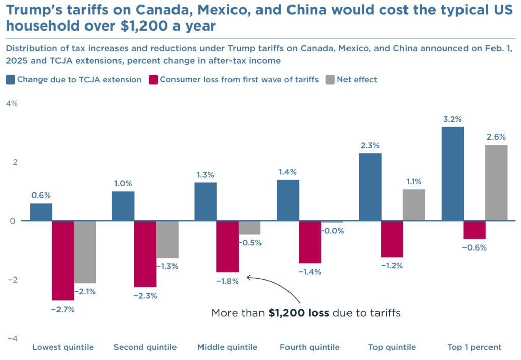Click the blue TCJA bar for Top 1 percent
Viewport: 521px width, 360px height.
[x=452, y=174]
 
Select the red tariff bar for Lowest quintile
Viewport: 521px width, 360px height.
[x=63, y=261]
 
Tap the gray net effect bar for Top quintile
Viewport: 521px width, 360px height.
[x=414, y=205]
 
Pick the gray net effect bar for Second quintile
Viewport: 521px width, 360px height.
[x=167, y=239]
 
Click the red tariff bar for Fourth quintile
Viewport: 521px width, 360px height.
[x=310, y=242]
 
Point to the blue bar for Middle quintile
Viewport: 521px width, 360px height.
[x=206, y=202]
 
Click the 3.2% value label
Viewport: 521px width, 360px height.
[x=452, y=120]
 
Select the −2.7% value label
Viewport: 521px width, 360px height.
[x=63, y=309]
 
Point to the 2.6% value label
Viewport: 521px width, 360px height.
[x=496, y=137]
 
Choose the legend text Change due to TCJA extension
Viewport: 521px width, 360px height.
[x=79, y=79]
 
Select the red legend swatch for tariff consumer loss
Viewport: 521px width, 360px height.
[x=153, y=79]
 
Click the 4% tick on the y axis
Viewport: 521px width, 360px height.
[x=12, y=104]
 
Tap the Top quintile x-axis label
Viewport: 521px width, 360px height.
[x=392, y=347]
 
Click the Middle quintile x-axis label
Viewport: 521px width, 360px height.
[x=227, y=347]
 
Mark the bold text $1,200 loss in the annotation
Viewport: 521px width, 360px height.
[x=299, y=313]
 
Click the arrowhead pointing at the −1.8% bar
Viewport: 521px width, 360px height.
[x=248, y=278]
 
